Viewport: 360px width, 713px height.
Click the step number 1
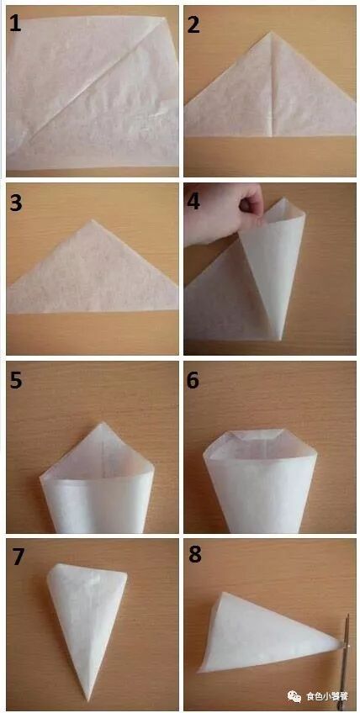(15, 24)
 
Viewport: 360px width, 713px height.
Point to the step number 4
(193, 201)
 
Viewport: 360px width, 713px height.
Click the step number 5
(15, 380)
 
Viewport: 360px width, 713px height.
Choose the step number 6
(193, 380)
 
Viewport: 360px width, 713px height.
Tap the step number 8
(195, 554)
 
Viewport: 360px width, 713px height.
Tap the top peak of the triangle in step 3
(92, 220)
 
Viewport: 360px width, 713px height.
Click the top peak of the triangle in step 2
(270, 32)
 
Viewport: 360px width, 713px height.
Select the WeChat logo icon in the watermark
(294, 695)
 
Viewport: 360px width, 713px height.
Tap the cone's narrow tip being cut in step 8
(341, 644)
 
